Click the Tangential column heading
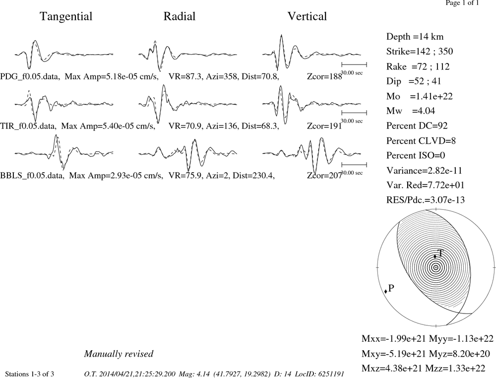(x=66, y=17)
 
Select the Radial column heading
(x=180, y=16)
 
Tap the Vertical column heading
(x=307, y=16)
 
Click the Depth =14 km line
(x=415, y=37)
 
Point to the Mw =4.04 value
(x=411, y=111)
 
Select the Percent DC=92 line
(x=417, y=126)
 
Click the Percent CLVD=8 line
(x=421, y=141)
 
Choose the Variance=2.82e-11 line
(x=424, y=171)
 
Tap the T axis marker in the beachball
(x=435, y=256)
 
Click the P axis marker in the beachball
(x=385, y=291)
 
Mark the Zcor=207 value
(x=324, y=176)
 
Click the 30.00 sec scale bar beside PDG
(x=354, y=64)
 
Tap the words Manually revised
(x=119, y=354)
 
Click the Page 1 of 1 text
(x=462, y=3)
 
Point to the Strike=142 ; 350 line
(x=420, y=52)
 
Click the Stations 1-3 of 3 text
(x=29, y=374)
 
